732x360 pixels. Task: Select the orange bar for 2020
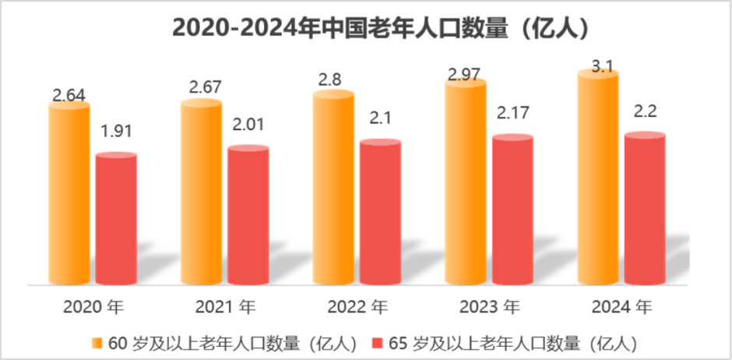coord(69,195)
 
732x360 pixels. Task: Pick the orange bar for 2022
coord(333,187)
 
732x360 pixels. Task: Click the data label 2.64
coord(69,95)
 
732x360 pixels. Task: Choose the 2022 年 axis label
coord(357,306)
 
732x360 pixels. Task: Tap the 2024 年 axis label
coord(621,306)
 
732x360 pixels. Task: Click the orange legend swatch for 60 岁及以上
coord(97,342)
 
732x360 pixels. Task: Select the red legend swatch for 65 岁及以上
coord(378,342)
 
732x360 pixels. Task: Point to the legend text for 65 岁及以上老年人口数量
coord(513,342)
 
